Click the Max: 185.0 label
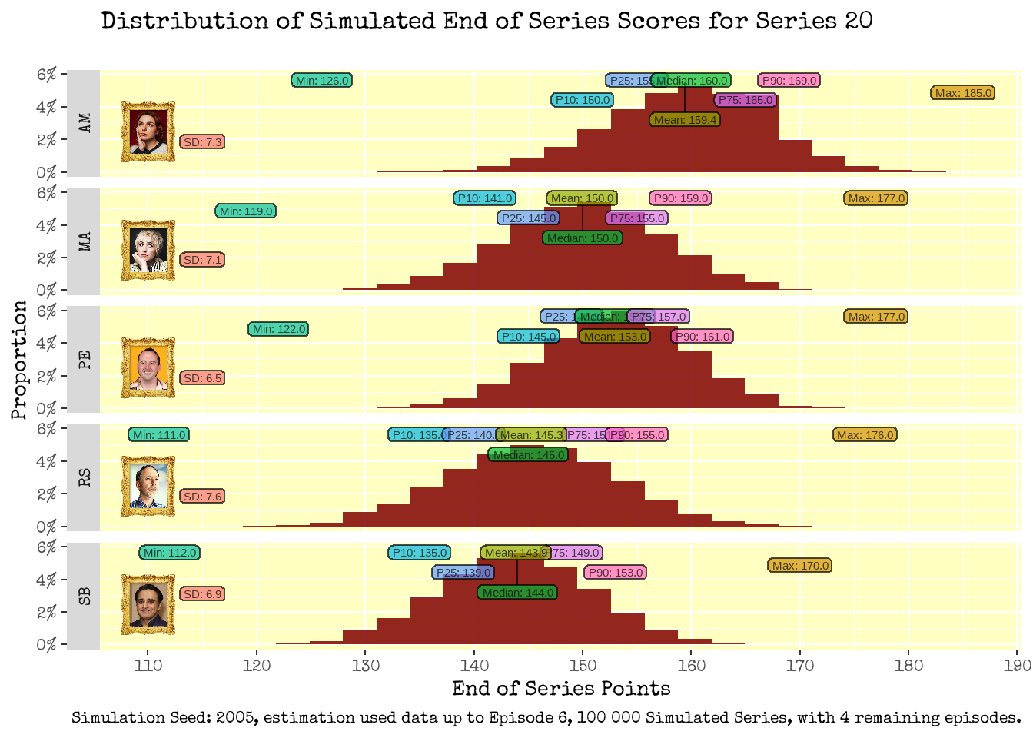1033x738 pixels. click(963, 93)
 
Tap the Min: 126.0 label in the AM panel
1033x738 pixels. click(322, 81)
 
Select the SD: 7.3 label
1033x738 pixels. click(203, 142)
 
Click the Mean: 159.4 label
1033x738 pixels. click(685, 120)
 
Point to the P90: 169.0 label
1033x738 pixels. click(789, 81)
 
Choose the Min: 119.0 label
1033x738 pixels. click(246, 211)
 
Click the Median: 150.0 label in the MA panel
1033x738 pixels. click(583, 238)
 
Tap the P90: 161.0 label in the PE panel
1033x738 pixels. click(703, 337)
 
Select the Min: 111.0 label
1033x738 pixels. click(159, 435)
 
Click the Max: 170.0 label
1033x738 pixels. click(800, 566)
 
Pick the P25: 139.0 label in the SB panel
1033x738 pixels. click(463, 573)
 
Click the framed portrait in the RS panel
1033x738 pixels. click(148, 486)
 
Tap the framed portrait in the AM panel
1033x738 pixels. click(148, 131)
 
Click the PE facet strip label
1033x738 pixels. click(85, 359)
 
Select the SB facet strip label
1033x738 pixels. click(85, 596)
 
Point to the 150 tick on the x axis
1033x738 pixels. click(583, 665)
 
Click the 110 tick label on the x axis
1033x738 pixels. click(148, 665)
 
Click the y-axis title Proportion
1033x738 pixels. click(19, 360)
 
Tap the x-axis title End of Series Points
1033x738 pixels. click(561, 689)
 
